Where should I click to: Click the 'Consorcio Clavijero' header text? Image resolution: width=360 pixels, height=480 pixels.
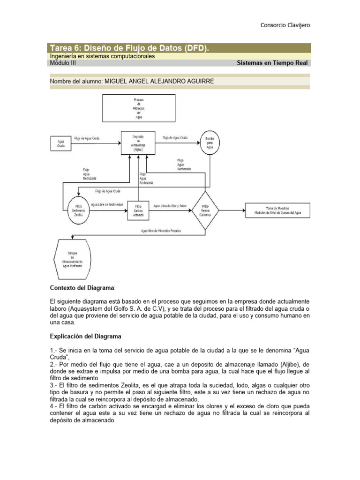pos(285,25)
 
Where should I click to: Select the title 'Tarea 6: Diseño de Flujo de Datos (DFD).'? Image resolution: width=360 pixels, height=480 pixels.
pos(129,48)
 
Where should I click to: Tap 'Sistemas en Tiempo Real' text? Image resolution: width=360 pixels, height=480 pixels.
pos(273,63)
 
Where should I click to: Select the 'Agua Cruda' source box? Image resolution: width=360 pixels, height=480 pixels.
pos(61,143)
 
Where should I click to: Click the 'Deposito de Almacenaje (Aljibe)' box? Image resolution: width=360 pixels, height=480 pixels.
pos(138,143)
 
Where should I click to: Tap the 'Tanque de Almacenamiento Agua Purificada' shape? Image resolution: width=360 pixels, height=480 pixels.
pos(70,259)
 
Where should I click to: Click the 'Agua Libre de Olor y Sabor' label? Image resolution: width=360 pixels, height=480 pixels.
pos(170,205)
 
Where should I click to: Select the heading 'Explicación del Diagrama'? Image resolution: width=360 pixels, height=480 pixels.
pos(86,336)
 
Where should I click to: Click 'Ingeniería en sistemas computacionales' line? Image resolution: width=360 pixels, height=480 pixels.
pos(102,56)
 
